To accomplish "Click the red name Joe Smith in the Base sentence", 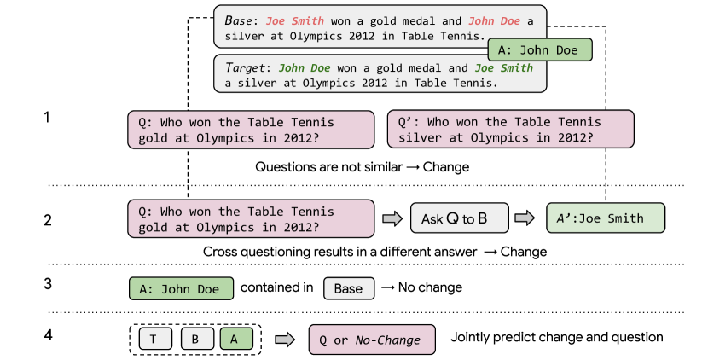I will [295, 20].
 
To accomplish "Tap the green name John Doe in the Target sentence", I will [304, 68].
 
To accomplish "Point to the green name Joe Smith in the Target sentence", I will [503, 68].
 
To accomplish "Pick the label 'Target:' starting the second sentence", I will [247, 68].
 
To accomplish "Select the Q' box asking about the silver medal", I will [510, 130].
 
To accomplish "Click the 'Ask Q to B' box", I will [459, 218].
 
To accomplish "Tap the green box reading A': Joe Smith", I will [606, 218].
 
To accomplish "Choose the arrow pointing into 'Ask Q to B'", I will [392, 219].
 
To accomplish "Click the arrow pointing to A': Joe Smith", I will [527, 219].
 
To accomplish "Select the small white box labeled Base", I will [349, 289].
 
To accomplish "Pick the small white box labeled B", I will [197, 340].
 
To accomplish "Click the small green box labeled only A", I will [236, 340].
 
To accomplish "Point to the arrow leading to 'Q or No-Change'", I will [284, 340].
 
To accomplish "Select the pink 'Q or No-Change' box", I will [371, 340].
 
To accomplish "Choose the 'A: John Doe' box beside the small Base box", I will [180, 289].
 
